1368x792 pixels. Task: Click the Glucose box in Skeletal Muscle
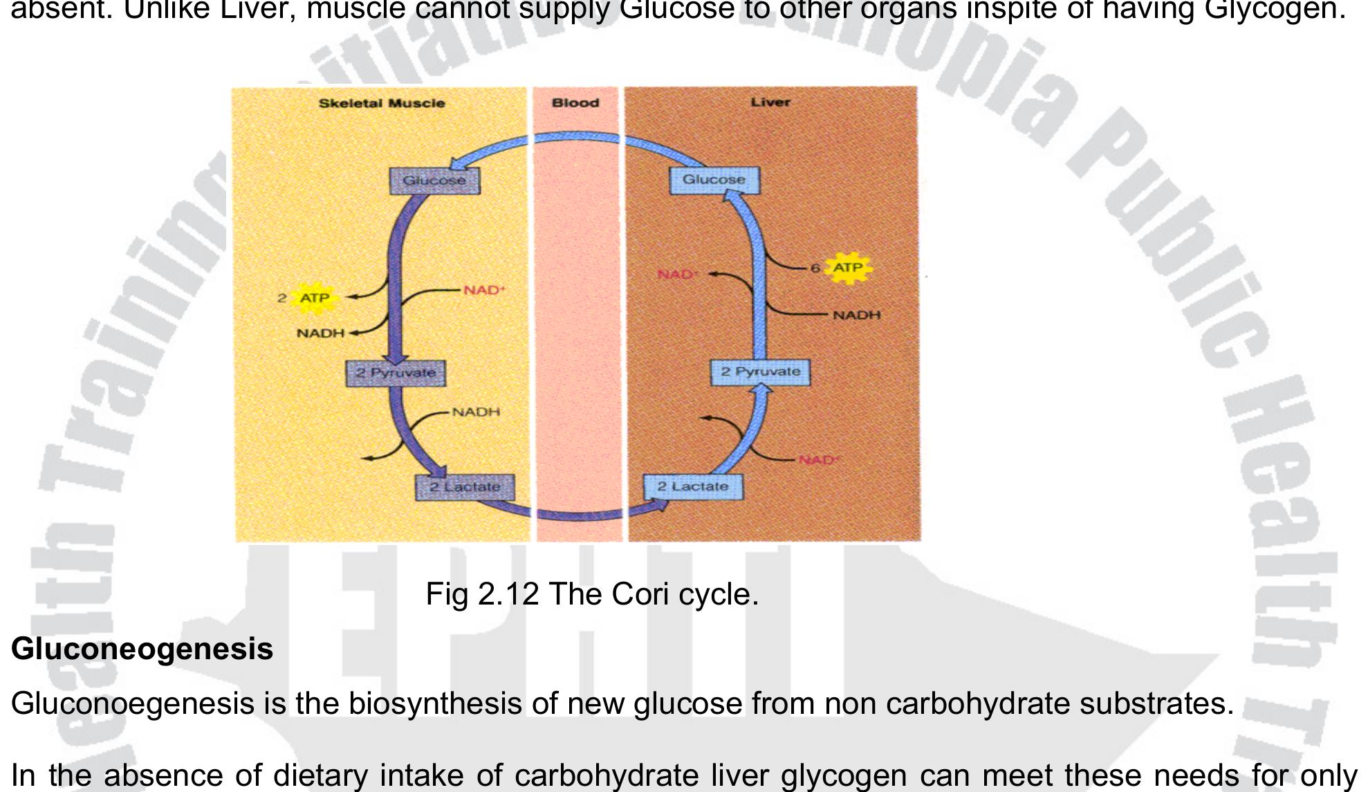434,181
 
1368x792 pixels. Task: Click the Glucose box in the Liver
714,180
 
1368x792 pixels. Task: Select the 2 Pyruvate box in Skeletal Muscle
396,373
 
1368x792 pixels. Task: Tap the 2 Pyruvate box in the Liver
760,371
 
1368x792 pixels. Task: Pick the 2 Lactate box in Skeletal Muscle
465,487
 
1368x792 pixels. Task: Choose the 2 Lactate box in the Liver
692,486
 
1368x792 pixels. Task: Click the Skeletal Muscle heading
382,104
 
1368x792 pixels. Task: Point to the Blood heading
575,103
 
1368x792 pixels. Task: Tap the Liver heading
770,102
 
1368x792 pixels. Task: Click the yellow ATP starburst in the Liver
848,268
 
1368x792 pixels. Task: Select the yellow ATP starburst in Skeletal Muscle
315,298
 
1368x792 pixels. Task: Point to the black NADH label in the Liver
856,315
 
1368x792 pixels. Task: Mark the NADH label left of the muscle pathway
320,333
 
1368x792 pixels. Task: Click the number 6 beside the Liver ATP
815,268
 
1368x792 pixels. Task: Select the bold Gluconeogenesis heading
142,649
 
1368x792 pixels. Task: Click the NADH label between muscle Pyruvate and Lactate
476,412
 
